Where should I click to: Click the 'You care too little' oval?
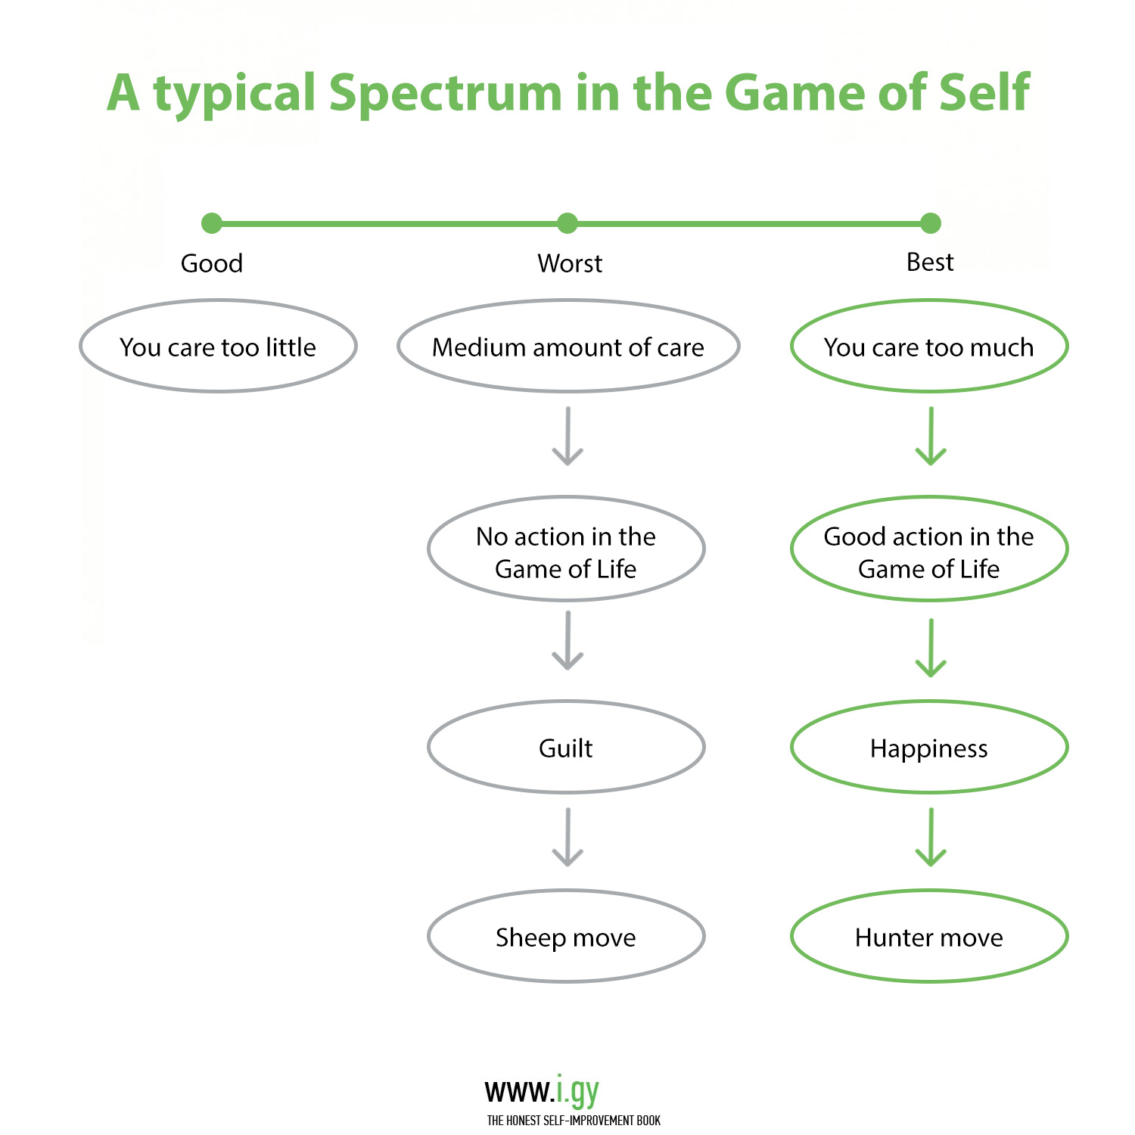point(218,347)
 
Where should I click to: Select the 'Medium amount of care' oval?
point(568,347)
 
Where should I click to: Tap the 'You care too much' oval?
point(929,347)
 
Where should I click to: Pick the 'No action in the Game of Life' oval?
point(566,549)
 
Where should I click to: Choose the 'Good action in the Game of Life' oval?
point(929,549)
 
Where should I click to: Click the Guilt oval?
point(566,748)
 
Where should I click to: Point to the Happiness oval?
point(929,748)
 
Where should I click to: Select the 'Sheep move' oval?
point(566,937)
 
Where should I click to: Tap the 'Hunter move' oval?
point(929,937)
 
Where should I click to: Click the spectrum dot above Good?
point(212,223)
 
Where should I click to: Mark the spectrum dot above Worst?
point(567,223)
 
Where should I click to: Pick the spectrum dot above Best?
point(931,223)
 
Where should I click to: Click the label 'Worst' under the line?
point(570,263)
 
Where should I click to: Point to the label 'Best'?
point(930,262)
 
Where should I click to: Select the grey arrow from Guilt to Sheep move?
point(567,837)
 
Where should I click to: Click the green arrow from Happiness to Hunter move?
point(931,837)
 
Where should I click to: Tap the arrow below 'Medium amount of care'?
point(567,436)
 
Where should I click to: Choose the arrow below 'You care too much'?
point(931,436)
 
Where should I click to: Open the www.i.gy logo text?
point(542,1090)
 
